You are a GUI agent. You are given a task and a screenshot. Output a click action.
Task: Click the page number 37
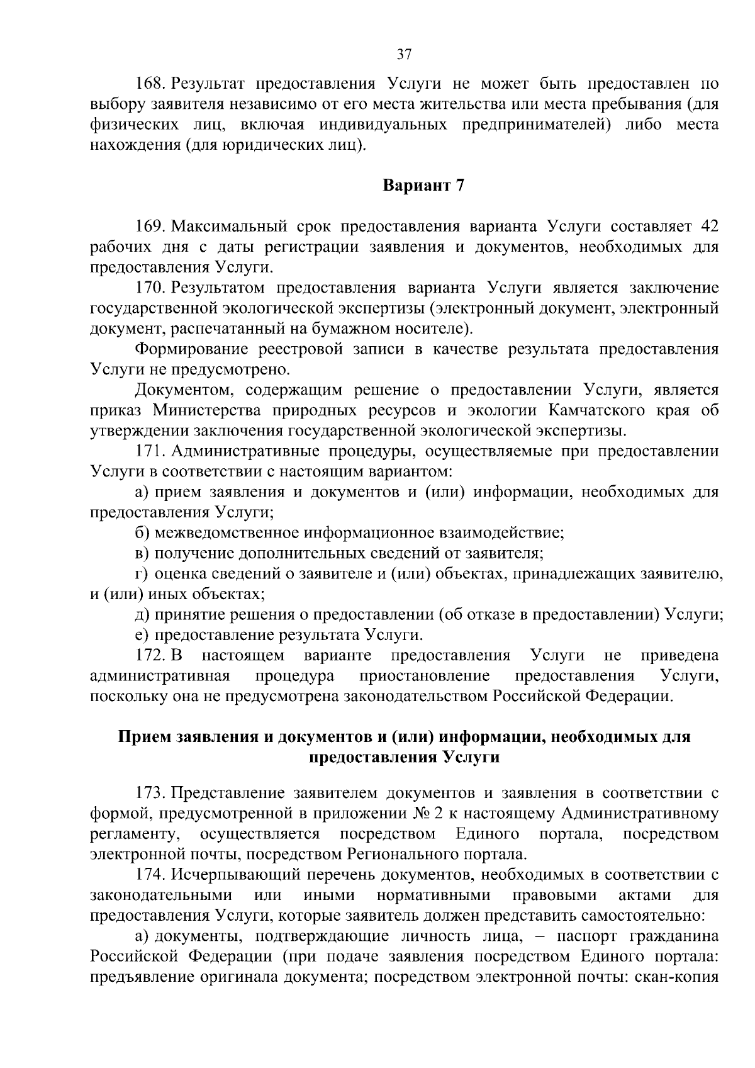404,55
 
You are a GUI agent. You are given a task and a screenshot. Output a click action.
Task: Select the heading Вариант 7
423,186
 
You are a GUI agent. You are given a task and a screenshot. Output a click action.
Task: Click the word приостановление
425,676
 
